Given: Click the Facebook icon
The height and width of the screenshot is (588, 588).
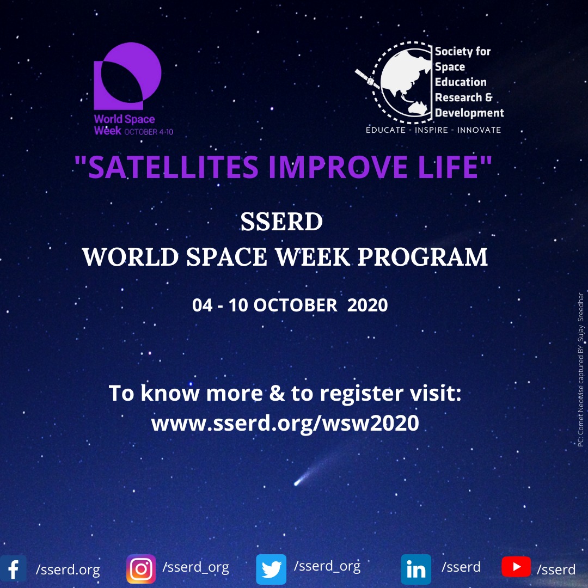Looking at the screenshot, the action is click(x=13, y=568).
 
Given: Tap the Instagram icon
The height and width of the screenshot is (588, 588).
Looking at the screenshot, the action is click(x=141, y=569).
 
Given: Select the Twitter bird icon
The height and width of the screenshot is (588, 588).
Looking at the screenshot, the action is click(x=271, y=569).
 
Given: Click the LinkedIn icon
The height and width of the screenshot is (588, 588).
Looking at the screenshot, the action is click(x=416, y=569).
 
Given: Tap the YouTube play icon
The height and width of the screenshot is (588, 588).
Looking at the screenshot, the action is click(x=516, y=567).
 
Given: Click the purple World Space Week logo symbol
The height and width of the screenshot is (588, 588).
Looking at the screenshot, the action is click(x=127, y=76).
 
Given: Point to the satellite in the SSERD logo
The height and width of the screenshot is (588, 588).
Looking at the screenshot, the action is click(x=367, y=79).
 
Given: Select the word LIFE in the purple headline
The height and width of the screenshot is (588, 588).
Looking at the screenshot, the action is click(x=448, y=167).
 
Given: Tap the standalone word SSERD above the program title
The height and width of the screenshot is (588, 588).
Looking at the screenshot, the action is click(x=281, y=222).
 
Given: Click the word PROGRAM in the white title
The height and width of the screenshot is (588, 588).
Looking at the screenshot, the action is click(x=422, y=257).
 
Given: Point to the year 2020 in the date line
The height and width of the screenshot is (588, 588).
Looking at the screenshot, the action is click(x=367, y=305).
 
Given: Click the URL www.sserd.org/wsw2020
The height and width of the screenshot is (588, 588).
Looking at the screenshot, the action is click(x=285, y=423).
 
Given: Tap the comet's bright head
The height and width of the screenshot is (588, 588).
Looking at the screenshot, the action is click(x=297, y=482).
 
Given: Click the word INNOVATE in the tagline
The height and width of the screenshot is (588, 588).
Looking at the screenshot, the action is click(x=479, y=130).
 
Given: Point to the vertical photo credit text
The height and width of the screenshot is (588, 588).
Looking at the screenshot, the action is click(x=580, y=369).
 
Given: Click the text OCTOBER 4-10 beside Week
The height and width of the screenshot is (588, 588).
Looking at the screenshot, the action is click(x=149, y=132).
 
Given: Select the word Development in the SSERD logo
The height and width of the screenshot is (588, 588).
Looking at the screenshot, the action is click(x=469, y=113).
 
